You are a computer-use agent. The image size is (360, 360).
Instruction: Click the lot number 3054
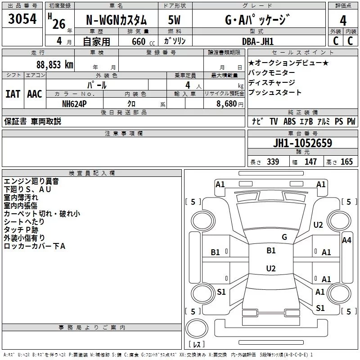[x=22, y=20]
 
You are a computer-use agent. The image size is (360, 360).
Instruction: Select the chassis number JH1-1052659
[x=303, y=143]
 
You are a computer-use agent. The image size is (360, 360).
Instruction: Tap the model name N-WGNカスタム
[x=116, y=20]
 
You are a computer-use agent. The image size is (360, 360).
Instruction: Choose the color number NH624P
[x=75, y=103]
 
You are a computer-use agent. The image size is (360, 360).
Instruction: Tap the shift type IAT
[x=13, y=94]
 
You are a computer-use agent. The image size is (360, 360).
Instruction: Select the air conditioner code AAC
[x=35, y=94]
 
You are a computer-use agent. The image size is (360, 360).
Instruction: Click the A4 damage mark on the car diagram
[x=346, y=240]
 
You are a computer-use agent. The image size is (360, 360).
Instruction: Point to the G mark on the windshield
[x=284, y=237]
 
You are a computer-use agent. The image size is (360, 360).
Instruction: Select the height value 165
[x=346, y=162]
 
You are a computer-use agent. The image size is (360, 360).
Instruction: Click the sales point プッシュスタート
[x=274, y=93]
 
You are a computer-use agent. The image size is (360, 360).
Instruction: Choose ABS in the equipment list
[x=290, y=121]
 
